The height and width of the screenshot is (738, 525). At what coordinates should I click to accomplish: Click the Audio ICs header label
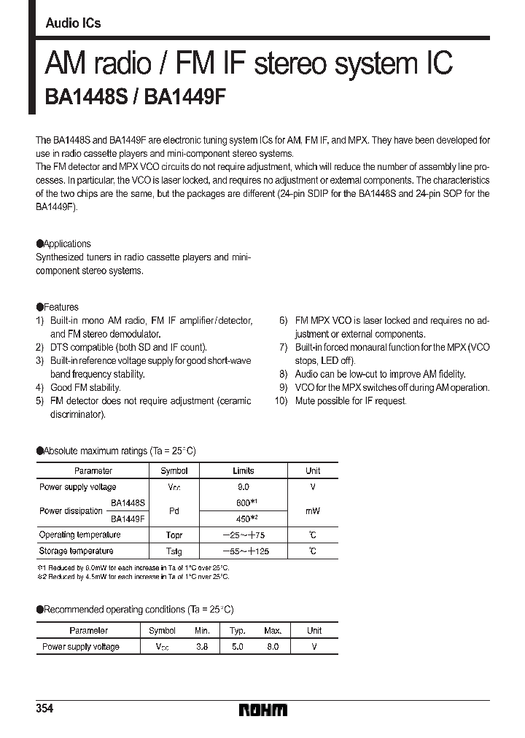pyautogui.click(x=73, y=23)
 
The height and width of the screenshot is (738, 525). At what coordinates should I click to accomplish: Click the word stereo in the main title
pyautogui.click(x=289, y=63)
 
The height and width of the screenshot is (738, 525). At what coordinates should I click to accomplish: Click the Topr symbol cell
pyautogui.click(x=174, y=535)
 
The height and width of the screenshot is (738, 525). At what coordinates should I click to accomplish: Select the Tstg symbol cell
pyautogui.click(x=174, y=551)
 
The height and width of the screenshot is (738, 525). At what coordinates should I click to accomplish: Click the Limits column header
pyautogui.click(x=243, y=471)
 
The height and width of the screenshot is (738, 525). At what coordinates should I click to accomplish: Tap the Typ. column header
pyautogui.click(x=238, y=631)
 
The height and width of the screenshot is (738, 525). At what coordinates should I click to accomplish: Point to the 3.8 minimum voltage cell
pyautogui.click(x=202, y=647)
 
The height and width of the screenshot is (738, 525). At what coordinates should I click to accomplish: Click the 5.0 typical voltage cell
pyautogui.click(x=238, y=647)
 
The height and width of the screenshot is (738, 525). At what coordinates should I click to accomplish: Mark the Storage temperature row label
pyautogui.click(x=76, y=551)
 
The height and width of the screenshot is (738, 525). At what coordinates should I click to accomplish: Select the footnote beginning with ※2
pyautogui.click(x=133, y=577)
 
